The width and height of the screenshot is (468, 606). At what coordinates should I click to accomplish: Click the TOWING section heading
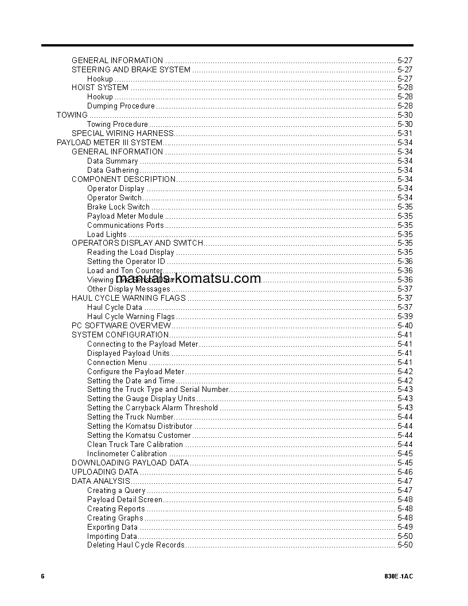pyautogui.click(x=72, y=115)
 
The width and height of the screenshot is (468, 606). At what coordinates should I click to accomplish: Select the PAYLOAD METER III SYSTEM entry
pyautogui.click(x=110, y=143)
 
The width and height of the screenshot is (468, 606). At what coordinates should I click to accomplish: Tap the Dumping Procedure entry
pyautogui.click(x=120, y=106)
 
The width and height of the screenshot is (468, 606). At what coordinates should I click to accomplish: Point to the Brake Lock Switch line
pyautogui.click(x=118, y=207)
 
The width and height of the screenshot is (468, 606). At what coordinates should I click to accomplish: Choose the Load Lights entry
pyautogui.click(x=107, y=235)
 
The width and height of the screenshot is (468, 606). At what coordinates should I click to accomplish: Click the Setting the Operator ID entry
pyautogui.click(x=126, y=262)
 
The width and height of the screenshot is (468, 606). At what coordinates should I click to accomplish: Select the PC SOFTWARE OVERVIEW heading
pyautogui.click(x=121, y=326)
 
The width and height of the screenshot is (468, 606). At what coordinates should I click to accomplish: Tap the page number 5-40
pyautogui.click(x=404, y=326)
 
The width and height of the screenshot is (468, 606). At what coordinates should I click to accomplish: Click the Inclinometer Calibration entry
pyautogui.click(x=127, y=454)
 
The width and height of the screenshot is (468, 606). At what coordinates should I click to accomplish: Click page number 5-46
pyautogui.click(x=404, y=472)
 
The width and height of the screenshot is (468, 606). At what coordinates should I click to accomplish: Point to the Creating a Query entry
pyautogui.click(x=116, y=491)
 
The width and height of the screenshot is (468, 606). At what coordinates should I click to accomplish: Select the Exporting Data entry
pyautogui.click(x=112, y=527)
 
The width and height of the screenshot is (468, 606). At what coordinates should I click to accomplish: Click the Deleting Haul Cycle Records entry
pyautogui.click(x=136, y=545)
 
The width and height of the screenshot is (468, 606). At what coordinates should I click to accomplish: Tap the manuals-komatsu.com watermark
pyautogui.click(x=188, y=279)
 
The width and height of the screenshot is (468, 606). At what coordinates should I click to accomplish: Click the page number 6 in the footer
pyautogui.click(x=42, y=576)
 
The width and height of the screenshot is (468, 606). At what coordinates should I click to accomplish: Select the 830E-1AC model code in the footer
pyautogui.click(x=399, y=576)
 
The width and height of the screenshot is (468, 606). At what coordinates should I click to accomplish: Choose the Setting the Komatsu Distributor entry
pyautogui.click(x=139, y=426)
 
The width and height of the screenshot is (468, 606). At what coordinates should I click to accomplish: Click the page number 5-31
pyautogui.click(x=404, y=134)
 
